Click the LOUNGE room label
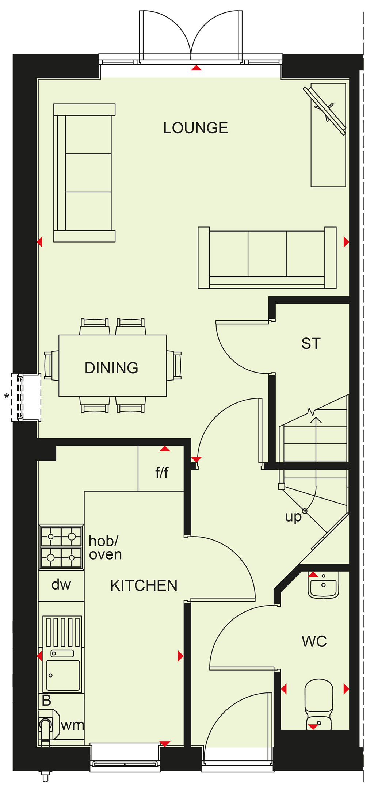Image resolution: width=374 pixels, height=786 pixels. click(195, 128)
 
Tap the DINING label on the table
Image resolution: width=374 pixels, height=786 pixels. click(111, 368)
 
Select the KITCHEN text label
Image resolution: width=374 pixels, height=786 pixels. click(144, 585)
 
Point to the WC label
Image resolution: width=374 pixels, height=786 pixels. click(314, 641)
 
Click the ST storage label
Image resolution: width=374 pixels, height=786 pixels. click(311, 344)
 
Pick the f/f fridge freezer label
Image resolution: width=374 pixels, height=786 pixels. click(162, 472)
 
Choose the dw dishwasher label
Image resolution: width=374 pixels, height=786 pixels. click(61, 584)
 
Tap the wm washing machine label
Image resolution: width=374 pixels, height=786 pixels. click(72, 725)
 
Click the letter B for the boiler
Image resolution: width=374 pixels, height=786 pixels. click(46, 700)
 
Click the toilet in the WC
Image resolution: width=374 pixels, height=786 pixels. click(319, 704)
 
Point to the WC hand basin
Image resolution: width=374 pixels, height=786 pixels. click(323, 585)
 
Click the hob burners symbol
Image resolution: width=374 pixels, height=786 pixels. click(61, 547)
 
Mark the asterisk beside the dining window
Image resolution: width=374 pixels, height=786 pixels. click(7, 396)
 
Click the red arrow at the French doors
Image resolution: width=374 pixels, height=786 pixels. click(196, 68)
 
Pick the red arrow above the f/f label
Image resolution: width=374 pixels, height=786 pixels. click(165, 449)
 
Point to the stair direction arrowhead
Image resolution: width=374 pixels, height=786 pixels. click(316, 420)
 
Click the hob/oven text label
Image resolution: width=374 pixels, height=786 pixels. click(105, 548)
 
